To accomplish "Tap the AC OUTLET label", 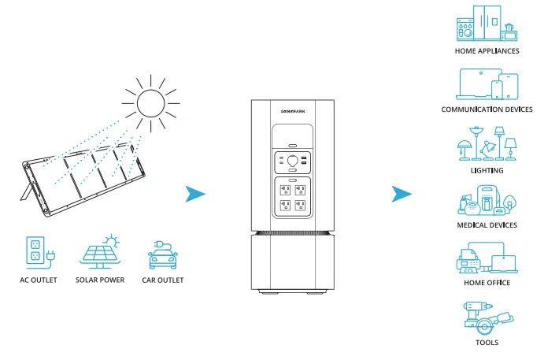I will click(39, 280).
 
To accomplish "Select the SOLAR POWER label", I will click(100, 280).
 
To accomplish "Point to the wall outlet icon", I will click(37, 251).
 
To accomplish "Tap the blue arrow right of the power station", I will click(402, 194).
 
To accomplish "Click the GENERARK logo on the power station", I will click(292, 112).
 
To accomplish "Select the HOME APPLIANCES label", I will click(487, 51).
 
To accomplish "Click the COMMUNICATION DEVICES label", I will click(487, 109).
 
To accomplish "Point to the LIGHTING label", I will click(487, 170).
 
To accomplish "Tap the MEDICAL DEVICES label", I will click(487, 225).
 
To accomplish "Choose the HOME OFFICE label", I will click(487, 282).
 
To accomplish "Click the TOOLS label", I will click(487, 343).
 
